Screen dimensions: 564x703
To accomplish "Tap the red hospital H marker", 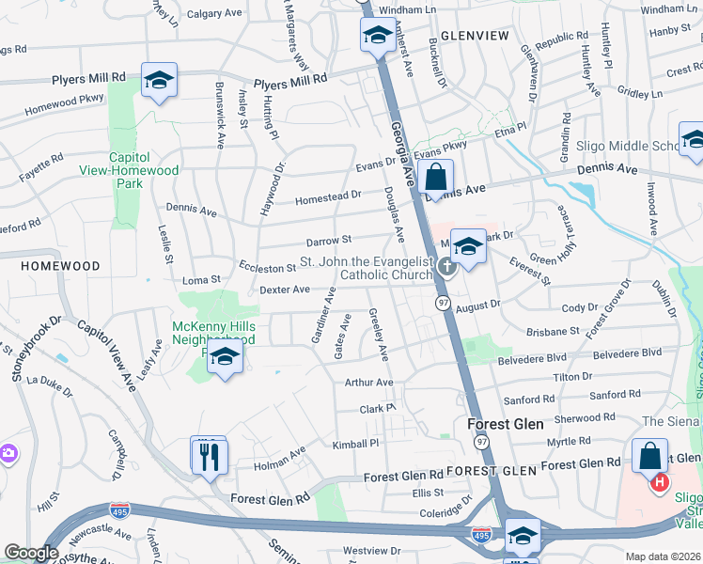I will click(660, 482).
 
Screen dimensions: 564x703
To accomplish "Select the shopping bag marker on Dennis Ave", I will click(436, 177).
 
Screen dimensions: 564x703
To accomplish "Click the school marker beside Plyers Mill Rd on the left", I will click(160, 81).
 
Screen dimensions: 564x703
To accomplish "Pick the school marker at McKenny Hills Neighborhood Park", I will click(225, 358).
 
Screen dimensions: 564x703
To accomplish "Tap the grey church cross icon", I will click(446, 268).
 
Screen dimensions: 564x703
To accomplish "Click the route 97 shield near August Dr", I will click(442, 303).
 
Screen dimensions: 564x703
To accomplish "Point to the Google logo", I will click(31, 553).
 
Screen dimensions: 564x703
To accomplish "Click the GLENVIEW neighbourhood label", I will click(474, 36).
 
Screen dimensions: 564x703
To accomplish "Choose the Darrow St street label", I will click(328, 241).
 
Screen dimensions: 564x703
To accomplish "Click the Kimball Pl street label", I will click(354, 443).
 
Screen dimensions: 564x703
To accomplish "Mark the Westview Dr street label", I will click(365, 550).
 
